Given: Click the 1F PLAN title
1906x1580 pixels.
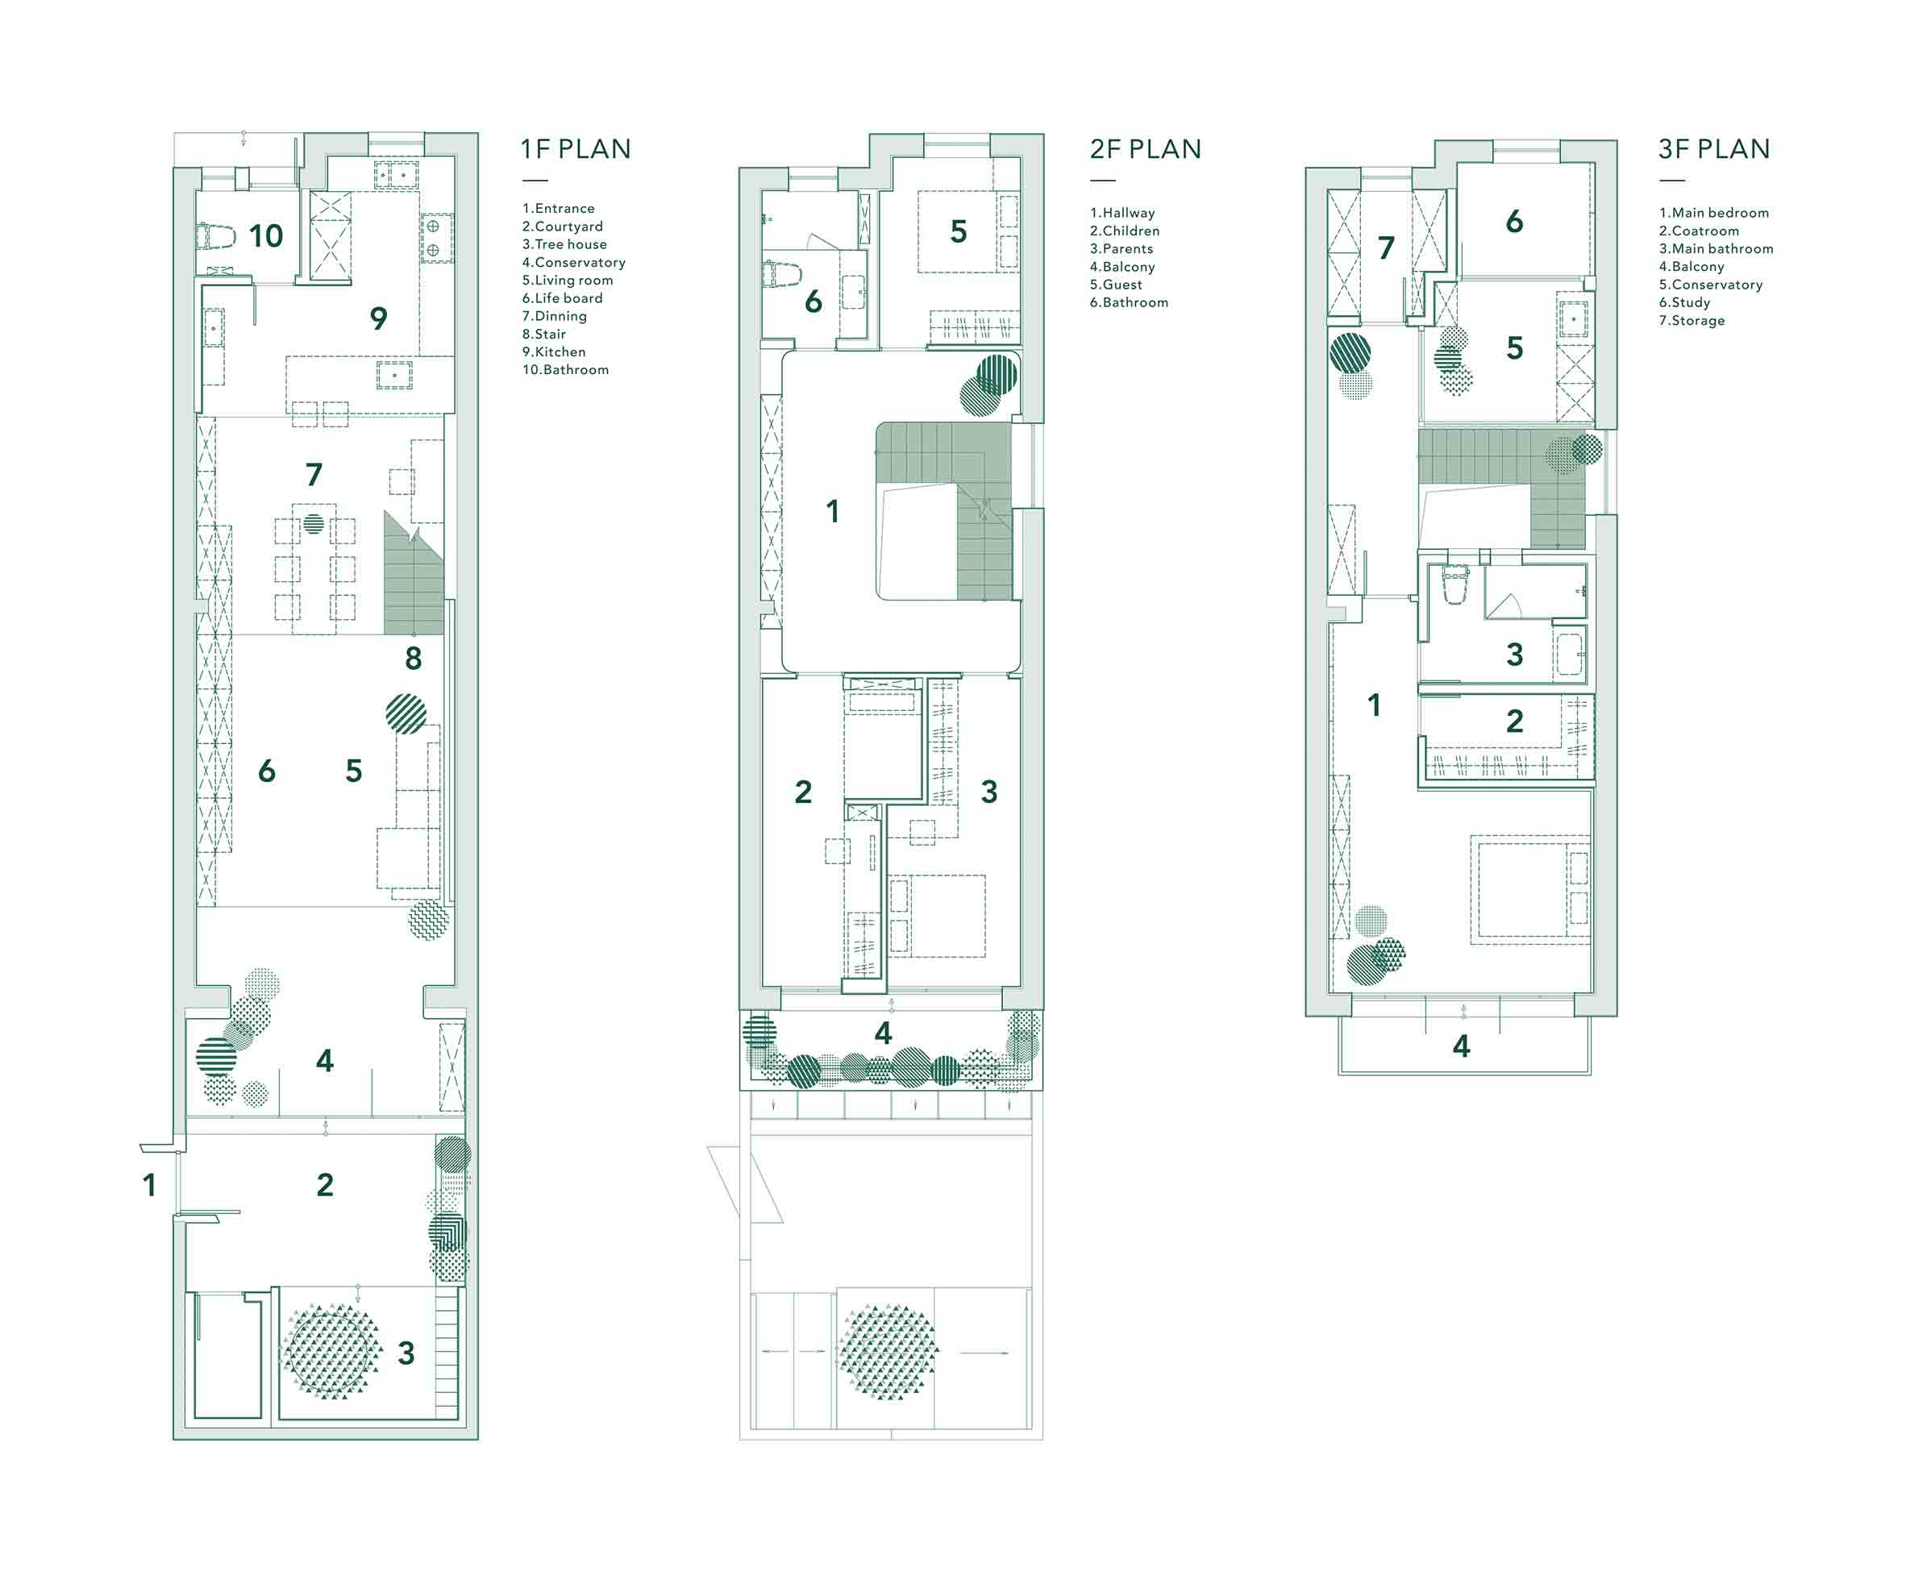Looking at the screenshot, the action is (576, 149).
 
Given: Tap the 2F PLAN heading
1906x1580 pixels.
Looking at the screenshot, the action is (1146, 149).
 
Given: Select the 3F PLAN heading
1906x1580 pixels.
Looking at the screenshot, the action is (1713, 149).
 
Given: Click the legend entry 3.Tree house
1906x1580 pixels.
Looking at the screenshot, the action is (564, 244).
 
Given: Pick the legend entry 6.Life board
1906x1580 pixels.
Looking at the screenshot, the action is (562, 297).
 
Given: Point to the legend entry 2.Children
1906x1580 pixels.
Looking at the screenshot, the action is (1125, 231).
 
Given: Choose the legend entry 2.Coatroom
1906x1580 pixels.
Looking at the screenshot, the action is (1699, 231).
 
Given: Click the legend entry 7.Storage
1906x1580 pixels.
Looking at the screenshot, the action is (1692, 320).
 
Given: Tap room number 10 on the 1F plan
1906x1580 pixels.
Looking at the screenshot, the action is (266, 236).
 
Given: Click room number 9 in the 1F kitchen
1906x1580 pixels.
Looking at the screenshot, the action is (378, 318).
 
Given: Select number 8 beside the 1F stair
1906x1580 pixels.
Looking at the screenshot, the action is (413, 658).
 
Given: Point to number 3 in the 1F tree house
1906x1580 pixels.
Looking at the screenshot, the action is (406, 1353).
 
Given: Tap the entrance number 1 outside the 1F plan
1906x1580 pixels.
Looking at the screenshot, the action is (150, 1184).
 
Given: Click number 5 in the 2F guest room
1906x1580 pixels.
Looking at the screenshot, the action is (959, 231).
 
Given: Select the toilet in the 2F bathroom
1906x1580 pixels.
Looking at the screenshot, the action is (781, 272).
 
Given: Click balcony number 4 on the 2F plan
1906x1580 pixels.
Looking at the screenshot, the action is (883, 1033).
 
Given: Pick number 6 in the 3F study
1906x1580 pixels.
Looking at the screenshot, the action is (1514, 222).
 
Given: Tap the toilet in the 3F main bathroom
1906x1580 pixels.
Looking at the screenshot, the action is (1454, 584).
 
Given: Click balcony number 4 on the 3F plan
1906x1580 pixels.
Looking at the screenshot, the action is (1461, 1046).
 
